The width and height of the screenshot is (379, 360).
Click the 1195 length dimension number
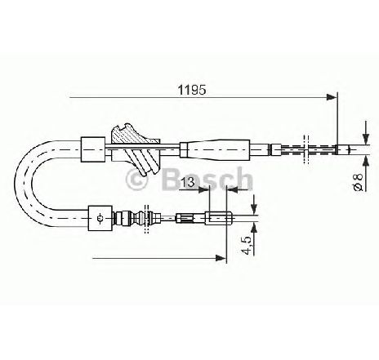(x=192, y=90)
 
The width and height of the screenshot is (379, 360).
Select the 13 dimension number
(x=189, y=182)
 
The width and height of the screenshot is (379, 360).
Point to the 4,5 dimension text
(x=247, y=246)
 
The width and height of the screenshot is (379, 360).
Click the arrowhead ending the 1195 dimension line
(x=332, y=97)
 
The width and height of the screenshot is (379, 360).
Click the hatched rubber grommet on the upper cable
(x=135, y=149)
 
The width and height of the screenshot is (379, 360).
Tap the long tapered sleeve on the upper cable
(x=215, y=149)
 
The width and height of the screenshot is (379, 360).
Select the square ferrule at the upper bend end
(x=93, y=149)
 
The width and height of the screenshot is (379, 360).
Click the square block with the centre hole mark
(x=100, y=218)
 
